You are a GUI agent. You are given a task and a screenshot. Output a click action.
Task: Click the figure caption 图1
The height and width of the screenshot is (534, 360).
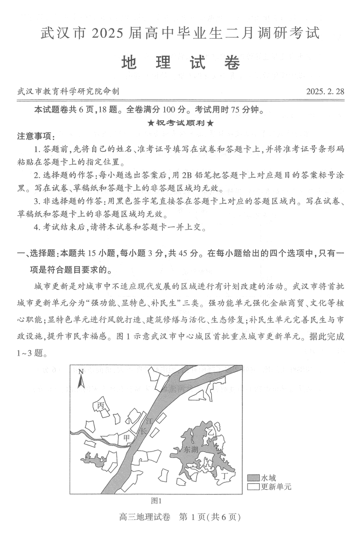156,500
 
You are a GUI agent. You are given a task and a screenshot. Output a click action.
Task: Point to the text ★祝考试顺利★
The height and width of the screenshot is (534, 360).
180,123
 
